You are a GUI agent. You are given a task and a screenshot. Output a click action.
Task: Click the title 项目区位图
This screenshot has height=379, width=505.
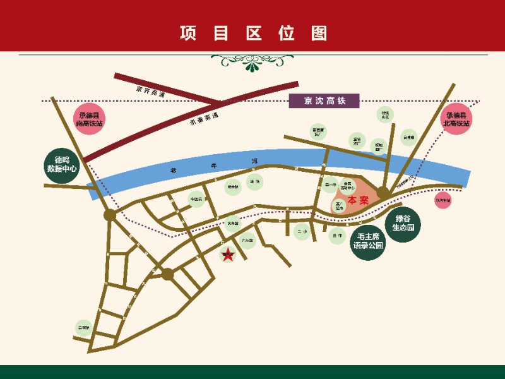pyautogui.click(x=252, y=33)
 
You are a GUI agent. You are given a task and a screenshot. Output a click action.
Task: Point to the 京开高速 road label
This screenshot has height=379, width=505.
pyautogui.click(x=150, y=90)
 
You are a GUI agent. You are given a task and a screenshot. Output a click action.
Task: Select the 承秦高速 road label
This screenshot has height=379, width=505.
pyautogui.click(x=203, y=117)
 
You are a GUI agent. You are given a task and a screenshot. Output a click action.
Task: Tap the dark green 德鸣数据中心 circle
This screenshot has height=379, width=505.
pyautogui.click(x=61, y=164)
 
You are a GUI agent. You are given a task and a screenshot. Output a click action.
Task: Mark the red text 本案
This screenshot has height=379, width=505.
pyautogui.click(x=358, y=200)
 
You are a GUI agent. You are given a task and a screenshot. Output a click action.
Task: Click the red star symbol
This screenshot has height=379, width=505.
pyautogui.click(x=227, y=255)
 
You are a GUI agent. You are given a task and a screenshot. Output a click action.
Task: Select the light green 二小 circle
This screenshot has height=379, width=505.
pyautogui.click(x=302, y=232)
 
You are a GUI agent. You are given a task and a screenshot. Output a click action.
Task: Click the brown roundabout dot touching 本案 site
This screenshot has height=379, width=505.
pyautogui.click(x=383, y=192)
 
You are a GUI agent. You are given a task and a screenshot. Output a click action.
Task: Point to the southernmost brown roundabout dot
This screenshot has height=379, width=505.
pyautogui.click(x=167, y=274)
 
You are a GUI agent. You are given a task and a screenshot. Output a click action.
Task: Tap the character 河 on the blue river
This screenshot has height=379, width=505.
pyautogui.click(x=255, y=162)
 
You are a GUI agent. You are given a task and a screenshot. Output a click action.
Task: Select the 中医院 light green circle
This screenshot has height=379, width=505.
pyautogui.click(x=196, y=200)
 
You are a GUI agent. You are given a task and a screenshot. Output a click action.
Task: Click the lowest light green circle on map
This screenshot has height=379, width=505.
pyautogui.click(x=83, y=328)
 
